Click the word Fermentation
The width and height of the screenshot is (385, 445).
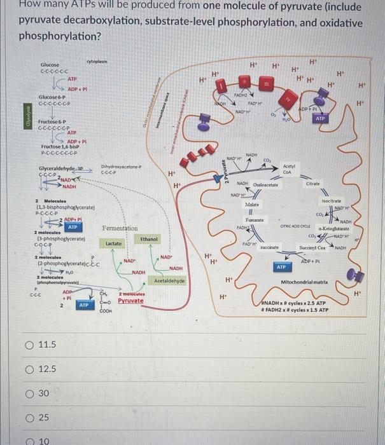tap(120, 228)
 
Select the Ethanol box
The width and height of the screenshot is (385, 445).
tap(150, 238)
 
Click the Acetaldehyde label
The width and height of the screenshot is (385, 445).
tap(169, 280)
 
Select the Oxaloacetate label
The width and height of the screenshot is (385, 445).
tap(267, 184)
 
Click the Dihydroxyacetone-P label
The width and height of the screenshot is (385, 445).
tap(120, 167)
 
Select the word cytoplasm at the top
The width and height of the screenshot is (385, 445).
tap(98, 60)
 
